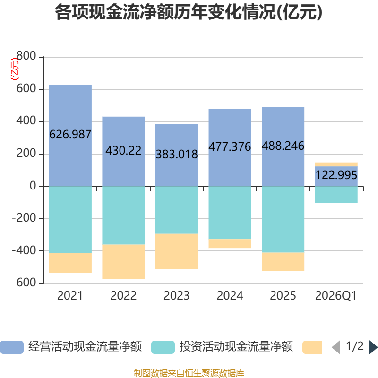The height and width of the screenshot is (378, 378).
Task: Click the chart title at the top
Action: [x=189, y=12]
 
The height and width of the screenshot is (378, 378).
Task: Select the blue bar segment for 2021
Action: [x=70, y=136]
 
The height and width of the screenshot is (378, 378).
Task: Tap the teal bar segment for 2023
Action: [x=177, y=210]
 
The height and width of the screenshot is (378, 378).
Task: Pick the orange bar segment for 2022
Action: [x=123, y=262]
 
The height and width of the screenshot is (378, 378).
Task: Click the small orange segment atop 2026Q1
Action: [x=336, y=164]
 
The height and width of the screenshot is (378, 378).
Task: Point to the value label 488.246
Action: [x=283, y=146]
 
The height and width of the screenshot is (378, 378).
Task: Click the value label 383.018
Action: [x=177, y=155]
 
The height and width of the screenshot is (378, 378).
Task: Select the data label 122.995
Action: [x=336, y=175]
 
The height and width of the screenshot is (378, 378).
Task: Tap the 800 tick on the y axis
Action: [x=26, y=56]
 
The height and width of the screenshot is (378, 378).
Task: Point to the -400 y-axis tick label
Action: [x=24, y=251]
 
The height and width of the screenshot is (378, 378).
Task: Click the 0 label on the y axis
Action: [x=33, y=186]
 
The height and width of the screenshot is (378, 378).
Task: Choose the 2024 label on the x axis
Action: [x=230, y=296]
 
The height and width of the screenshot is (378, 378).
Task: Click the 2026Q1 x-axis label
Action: [x=336, y=296]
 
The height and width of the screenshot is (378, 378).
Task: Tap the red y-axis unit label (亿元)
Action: [x=15, y=69]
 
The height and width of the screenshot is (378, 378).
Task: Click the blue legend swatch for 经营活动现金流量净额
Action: [x=12, y=347]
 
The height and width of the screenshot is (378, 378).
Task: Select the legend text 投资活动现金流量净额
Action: [x=236, y=347]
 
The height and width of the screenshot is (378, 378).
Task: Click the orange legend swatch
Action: [x=312, y=347]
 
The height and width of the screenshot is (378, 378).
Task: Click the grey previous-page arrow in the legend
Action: [x=336, y=347]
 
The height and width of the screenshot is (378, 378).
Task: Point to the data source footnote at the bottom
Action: [x=189, y=373]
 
